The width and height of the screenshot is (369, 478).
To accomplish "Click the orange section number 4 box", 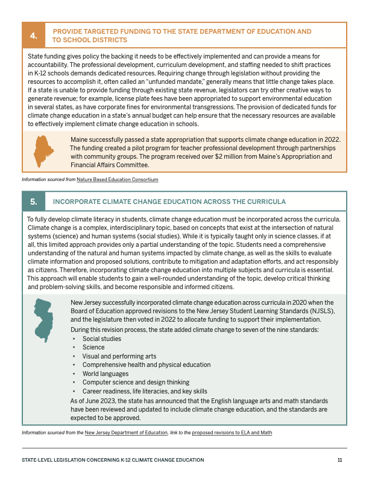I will [x=34, y=36].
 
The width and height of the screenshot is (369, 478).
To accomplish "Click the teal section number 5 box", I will [x=34, y=202].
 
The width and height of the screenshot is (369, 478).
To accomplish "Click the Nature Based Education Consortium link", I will [x=118, y=180].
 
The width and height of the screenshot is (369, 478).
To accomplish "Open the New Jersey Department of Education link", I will [x=126, y=433].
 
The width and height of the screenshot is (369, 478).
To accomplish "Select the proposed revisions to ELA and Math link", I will [x=232, y=433].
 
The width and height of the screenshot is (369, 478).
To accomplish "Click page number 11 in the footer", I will [x=340, y=460].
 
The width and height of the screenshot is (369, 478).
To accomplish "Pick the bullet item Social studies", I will [x=101, y=339].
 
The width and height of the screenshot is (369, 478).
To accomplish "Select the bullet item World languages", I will [x=105, y=374].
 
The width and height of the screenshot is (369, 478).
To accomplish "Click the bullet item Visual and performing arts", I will [x=119, y=356].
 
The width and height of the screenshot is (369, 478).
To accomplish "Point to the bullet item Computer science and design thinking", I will [x=136, y=382].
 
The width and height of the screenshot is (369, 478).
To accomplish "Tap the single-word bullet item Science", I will [x=93, y=348].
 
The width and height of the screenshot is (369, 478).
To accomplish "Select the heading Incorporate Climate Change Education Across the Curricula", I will [x=169, y=202].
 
